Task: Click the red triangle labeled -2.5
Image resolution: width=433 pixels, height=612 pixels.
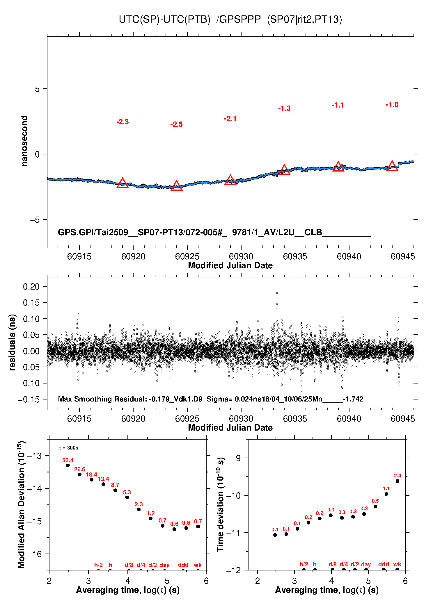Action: coord(176,186)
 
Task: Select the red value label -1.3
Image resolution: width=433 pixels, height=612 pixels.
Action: coord(284,108)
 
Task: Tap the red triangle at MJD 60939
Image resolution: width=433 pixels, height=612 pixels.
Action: coord(338,167)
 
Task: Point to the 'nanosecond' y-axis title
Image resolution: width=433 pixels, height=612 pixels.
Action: coord(24,141)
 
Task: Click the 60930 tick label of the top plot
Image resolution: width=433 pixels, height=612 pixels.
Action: coord(241,256)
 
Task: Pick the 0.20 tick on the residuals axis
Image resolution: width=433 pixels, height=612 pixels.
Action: coord(31,287)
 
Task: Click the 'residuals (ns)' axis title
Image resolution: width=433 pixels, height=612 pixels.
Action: coord(12,342)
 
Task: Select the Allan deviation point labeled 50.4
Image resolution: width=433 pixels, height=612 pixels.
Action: coord(68,465)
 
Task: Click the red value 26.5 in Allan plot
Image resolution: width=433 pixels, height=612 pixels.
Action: coord(79,470)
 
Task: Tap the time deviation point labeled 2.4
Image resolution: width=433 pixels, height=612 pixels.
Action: coord(397,481)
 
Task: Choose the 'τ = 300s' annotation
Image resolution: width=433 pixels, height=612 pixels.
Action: coord(69,448)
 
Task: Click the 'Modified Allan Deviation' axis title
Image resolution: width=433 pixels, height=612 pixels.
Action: coord(21,505)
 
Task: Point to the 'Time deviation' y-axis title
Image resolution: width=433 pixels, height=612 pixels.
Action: coord(220,505)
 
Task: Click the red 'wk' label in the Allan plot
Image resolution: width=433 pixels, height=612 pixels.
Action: coord(198,565)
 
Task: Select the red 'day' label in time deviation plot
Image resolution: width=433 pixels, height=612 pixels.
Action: coord(366,564)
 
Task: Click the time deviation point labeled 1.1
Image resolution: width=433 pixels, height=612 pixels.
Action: coord(386,494)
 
